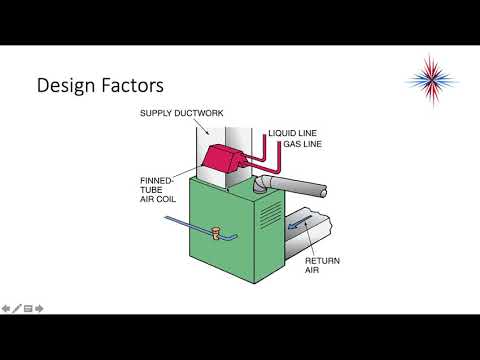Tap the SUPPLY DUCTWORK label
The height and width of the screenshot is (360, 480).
pos(175,113)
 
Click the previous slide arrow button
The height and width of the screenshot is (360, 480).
pos(6,308)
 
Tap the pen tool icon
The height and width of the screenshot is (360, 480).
pos(17,308)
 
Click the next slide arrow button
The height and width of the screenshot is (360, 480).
pos(39,308)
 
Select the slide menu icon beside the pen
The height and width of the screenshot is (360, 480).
pos(28,308)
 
